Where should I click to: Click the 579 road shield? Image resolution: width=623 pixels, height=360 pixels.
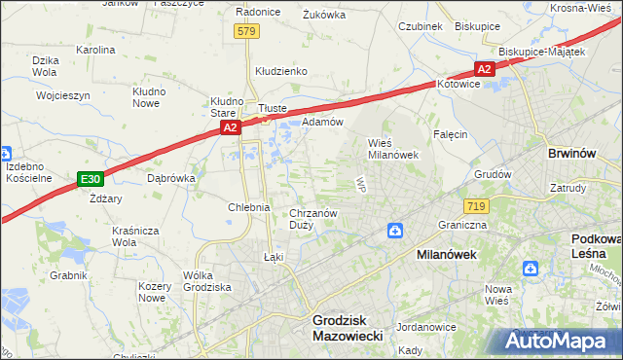246,32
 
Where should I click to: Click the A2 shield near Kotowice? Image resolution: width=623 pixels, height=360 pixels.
485,68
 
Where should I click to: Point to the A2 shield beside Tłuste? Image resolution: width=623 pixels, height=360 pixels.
229,126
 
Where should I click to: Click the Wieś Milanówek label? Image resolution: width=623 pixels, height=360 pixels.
392,148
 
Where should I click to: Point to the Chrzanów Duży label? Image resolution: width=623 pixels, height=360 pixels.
313,219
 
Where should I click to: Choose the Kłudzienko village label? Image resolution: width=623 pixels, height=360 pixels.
281,71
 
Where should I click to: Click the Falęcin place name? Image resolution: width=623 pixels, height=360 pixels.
451,134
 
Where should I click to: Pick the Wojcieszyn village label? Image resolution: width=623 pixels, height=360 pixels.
62,96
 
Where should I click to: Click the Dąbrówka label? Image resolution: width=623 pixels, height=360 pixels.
171,179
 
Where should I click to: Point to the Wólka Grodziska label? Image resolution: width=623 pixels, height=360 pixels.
206,282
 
